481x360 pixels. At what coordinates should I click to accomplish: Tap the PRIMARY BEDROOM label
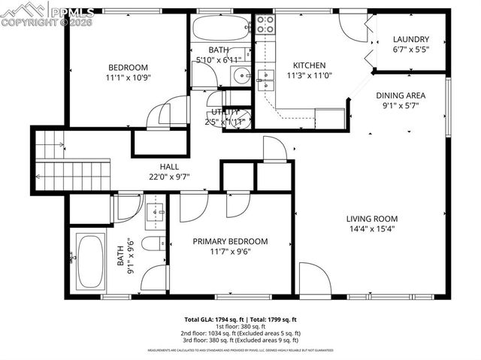click(x=230, y=241)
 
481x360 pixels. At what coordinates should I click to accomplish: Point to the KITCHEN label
click(x=309, y=65)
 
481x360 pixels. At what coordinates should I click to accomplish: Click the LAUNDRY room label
click(x=410, y=40)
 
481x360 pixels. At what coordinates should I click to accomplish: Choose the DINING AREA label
click(x=401, y=95)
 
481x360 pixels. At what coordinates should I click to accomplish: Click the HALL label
click(x=169, y=167)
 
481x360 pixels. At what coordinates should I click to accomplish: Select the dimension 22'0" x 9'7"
click(x=169, y=177)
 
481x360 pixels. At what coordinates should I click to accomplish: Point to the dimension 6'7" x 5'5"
click(x=410, y=50)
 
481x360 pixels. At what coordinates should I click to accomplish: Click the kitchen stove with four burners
click(x=265, y=25)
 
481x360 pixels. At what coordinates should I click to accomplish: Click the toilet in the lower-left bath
click(x=153, y=244)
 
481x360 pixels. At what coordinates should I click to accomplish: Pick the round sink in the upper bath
click(x=240, y=75)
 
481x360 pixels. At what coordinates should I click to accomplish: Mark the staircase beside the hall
click(x=71, y=162)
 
